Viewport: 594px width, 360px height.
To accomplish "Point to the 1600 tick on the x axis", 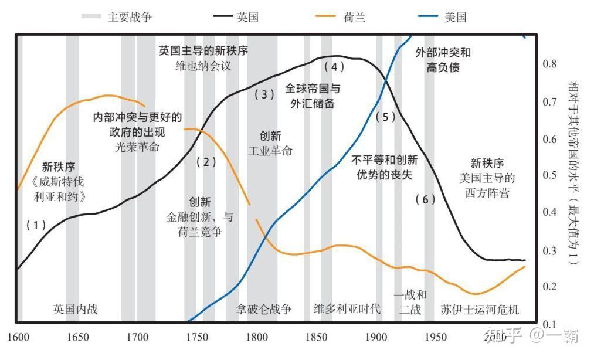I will pos(18,337).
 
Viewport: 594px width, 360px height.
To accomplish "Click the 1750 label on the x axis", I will pos(196,337).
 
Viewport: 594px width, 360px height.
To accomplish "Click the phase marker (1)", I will pos(36,225).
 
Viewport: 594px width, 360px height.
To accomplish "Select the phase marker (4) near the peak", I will pos(334,67).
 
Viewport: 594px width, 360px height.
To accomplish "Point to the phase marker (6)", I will pos(425,199).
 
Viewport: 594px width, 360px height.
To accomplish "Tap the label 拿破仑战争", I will pos(264,309).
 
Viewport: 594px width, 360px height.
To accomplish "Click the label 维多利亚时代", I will pos(347,308).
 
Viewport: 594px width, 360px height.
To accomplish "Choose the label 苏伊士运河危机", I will pos(480,310).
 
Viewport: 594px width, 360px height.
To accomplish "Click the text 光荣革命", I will pos(137,147).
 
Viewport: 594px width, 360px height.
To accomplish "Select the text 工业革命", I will pos(270,151).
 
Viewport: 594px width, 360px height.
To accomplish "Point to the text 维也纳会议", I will pos(203,66).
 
